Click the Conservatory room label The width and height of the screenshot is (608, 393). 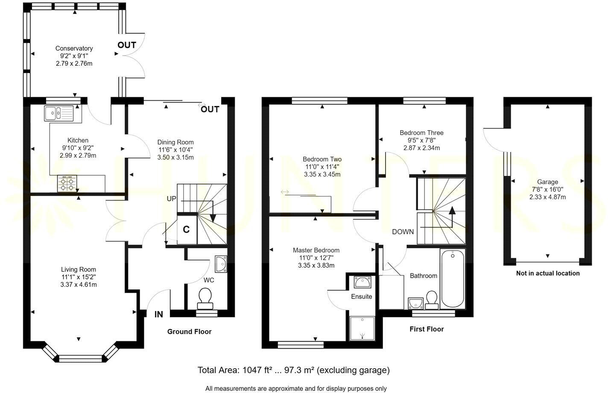(74, 48)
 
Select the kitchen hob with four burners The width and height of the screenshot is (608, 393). (65, 183)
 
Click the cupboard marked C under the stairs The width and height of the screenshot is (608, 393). (186, 229)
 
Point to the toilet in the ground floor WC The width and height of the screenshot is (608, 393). (205, 297)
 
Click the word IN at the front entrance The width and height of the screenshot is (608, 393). (159, 314)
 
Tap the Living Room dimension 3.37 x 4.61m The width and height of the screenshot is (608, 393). (79, 284)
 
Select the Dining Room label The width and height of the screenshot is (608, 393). (175, 142)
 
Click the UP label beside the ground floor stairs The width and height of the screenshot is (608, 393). (172, 199)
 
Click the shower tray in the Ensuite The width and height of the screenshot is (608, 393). (362, 328)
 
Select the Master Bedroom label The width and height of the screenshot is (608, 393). (316, 250)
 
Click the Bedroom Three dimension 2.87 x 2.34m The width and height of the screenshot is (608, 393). (421, 148)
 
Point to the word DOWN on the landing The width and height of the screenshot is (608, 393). (403, 232)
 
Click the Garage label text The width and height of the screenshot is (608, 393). (547, 182)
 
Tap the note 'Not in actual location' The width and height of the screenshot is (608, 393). (548, 273)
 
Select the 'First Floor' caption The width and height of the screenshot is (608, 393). (427, 329)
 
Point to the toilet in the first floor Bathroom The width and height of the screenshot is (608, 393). (432, 299)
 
